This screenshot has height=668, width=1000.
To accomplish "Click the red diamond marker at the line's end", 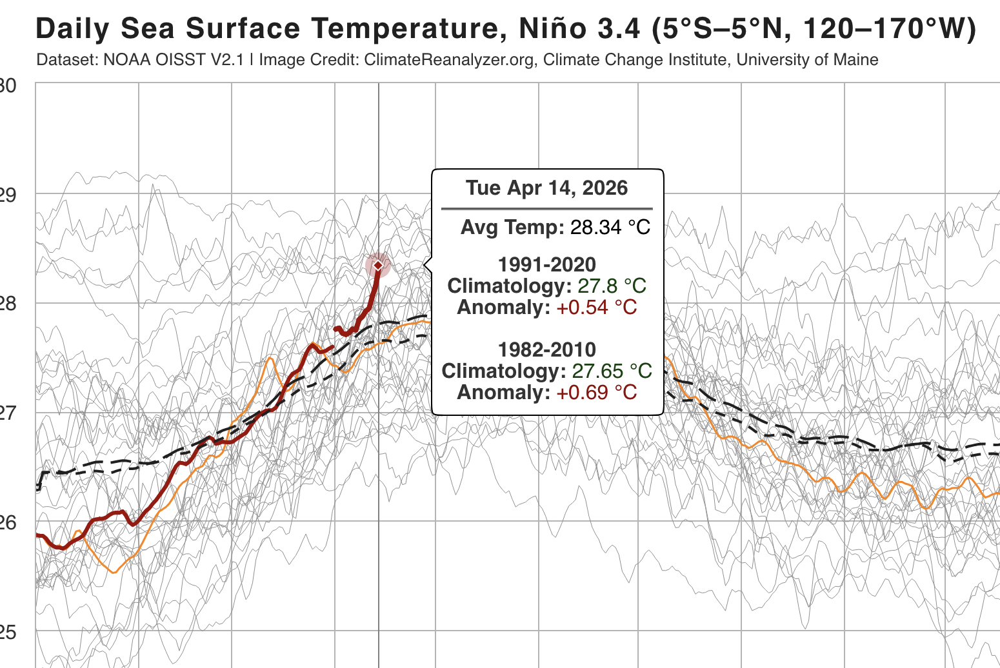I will pyautogui.click(x=378, y=265).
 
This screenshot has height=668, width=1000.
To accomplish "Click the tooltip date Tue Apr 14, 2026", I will pyautogui.click(x=546, y=188).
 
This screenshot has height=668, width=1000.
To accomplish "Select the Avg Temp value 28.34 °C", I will pyautogui.click(x=610, y=227).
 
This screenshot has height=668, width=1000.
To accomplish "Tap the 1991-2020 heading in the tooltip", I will pyautogui.click(x=546, y=264).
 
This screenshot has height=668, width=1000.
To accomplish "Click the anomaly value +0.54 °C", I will pyautogui.click(x=596, y=307).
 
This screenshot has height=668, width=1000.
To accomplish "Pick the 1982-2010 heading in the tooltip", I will pyautogui.click(x=546, y=349).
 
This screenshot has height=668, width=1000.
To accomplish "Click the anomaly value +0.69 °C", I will pyautogui.click(x=596, y=392).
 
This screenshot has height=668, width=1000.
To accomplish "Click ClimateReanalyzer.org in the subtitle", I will pyautogui.click(x=449, y=60).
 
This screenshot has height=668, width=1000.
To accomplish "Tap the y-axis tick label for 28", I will pyautogui.click(x=8, y=303).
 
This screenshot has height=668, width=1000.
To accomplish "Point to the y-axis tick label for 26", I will pyautogui.click(x=8, y=522).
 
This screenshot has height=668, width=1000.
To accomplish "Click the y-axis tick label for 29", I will pyautogui.click(x=8, y=194).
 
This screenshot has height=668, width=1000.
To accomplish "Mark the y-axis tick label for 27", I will pyautogui.click(x=8, y=413).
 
